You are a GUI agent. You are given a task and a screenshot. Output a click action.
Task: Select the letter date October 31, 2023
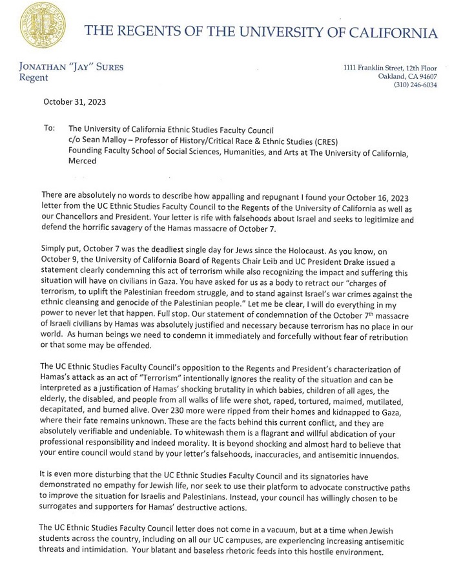(75, 101)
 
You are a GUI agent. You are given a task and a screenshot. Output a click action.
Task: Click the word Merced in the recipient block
(82, 161)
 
